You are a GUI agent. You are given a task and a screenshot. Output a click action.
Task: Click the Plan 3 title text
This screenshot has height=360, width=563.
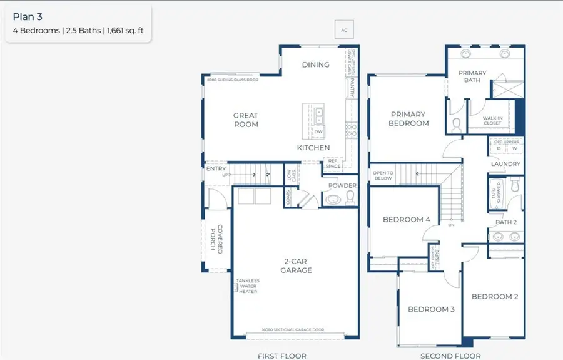coord(27,17)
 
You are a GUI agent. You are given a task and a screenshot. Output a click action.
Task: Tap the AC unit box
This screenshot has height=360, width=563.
coord(343,30)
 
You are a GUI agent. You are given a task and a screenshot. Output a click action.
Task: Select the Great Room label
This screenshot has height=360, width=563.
coord(246,120)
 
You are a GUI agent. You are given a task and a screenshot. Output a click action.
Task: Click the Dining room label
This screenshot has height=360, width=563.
coord(315,64)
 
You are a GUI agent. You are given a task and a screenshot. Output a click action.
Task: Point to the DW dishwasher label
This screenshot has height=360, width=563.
coord(318,132)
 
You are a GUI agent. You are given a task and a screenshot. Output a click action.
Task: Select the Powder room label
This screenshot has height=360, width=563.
coord(342,185)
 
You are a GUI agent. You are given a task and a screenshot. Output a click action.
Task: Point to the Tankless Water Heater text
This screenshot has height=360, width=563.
coord(247,286)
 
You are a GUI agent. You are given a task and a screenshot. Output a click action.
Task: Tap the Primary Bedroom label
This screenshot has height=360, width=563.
coord(408,119)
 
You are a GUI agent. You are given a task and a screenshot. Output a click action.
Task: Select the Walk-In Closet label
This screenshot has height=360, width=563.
coord(492,121)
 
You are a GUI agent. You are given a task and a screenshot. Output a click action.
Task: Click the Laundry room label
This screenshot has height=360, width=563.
coord(505,164)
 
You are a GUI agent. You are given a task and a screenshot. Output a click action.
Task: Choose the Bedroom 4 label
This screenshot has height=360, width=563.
coord(406,220)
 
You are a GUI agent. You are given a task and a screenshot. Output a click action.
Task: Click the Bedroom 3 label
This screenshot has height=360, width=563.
coord(431,309)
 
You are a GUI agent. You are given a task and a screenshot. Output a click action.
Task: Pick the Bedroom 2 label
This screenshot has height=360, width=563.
coord(494,296)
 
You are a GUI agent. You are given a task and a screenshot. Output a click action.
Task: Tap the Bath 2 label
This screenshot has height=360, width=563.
coord(505,222)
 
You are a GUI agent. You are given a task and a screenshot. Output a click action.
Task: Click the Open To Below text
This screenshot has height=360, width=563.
coord(382,175)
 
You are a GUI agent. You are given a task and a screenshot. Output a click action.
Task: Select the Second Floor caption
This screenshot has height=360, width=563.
coord(450,356)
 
